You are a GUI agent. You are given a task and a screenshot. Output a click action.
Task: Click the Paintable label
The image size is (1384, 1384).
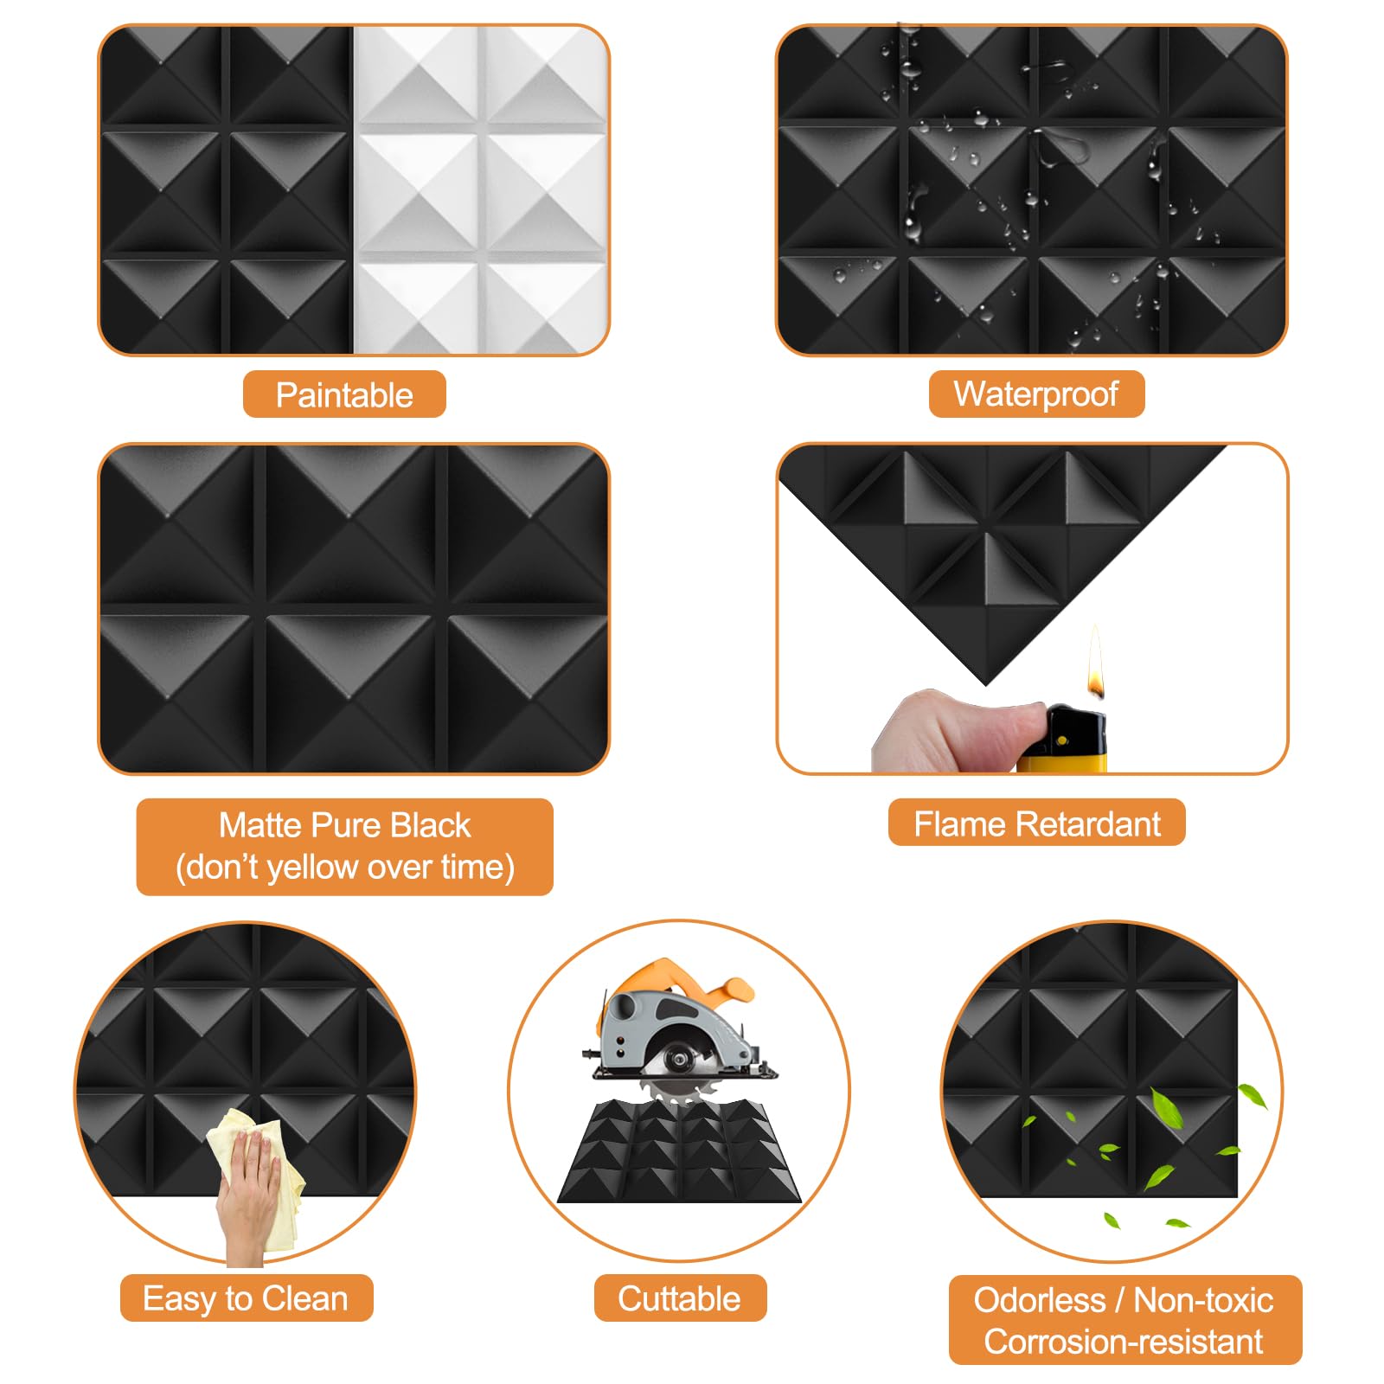point(344,395)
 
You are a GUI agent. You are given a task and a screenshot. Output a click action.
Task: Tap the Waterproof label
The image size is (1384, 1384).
point(1035,394)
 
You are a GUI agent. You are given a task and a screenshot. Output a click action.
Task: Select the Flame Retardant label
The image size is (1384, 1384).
point(1036,823)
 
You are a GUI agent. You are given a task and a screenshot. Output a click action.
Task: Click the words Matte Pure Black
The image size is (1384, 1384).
point(344,825)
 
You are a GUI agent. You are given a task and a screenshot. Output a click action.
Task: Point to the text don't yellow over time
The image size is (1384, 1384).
point(344,868)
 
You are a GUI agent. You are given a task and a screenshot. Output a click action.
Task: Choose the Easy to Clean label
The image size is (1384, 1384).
point(246,1298)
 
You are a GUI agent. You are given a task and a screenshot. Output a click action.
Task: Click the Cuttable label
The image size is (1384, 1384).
point(679,1298)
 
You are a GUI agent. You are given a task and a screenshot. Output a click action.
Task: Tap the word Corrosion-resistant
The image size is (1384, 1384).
point(1123,1342)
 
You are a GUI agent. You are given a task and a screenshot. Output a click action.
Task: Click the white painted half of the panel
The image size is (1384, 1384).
point(480,190)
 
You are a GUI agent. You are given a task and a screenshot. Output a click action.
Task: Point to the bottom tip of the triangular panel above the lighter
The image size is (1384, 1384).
point(986,683)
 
